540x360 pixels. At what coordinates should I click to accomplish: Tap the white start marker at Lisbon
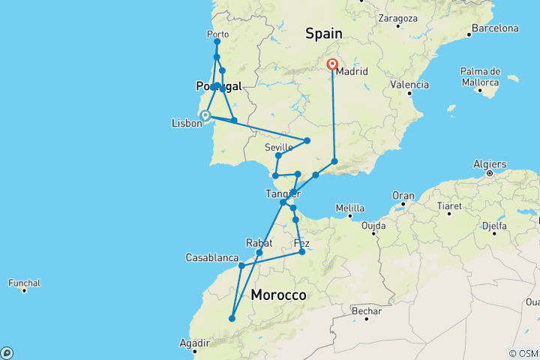tap(204, 115)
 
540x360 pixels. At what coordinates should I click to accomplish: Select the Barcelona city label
tap(493, 28)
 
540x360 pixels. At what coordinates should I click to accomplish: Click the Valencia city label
tap(409, 85)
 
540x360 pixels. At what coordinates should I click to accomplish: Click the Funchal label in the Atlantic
tap(25, 283)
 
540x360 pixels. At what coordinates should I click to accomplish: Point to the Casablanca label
tap(212, 258)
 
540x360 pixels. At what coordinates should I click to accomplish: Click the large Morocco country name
tap(278, 295)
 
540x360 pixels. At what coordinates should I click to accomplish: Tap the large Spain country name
tap(323, 34)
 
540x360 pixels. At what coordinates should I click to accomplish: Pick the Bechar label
tap(365, 311)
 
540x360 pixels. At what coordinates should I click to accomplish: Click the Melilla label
tap(349, 208)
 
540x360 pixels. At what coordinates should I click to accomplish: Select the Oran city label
tap(403, 196)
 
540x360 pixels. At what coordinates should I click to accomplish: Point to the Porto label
tap(217, 34)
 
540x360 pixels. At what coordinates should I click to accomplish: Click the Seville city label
tap(277, 147)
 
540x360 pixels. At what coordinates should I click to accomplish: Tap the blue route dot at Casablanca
tap(241, 265)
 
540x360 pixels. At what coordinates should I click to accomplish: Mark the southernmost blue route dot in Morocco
tap(232, 319)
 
